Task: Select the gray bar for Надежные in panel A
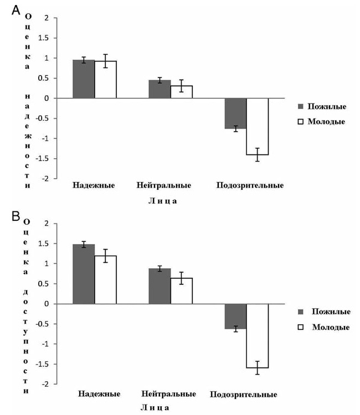point(84,79)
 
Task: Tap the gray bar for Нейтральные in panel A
point(160,89)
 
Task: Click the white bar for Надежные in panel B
point(105,279)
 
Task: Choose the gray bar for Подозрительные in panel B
point(236,316)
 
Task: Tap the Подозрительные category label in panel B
point(244,395)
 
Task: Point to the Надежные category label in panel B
point(99,395)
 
